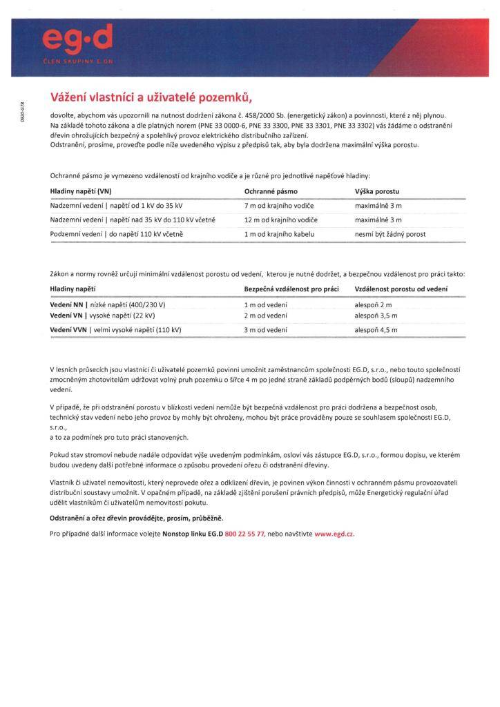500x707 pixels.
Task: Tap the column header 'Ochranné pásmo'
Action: pyautogui.click(x=270, y=191)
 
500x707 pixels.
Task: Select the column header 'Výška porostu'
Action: pyautogui.click(x=377, y=191)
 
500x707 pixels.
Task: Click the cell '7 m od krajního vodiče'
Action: pyautogui.click(x=280, y=206)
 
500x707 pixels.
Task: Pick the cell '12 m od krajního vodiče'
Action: pyautogui.click(x=281, y=220)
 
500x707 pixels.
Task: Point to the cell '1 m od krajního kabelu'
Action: pyautogui.click(x=279, y=235)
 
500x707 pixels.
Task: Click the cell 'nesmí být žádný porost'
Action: pyautogui.click(x=390, y=235)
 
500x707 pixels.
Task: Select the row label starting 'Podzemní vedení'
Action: pyautogui.click(x=117, y=235)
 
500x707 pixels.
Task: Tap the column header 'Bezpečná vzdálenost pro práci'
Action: pyautogui.click(x=293, y=289)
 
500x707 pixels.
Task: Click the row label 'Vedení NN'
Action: pyautogui.click(x=66, y=304)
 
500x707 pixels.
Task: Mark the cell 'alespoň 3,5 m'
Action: pyautogui.click(x=376, y=315)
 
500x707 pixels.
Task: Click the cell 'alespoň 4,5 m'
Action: pyautogui.click(x=376, y=331)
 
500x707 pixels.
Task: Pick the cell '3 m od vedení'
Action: pyautogui.click(x=266, y=331)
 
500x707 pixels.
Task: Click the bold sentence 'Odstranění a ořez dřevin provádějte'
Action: pyautogui.click(x=137, y=518)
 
